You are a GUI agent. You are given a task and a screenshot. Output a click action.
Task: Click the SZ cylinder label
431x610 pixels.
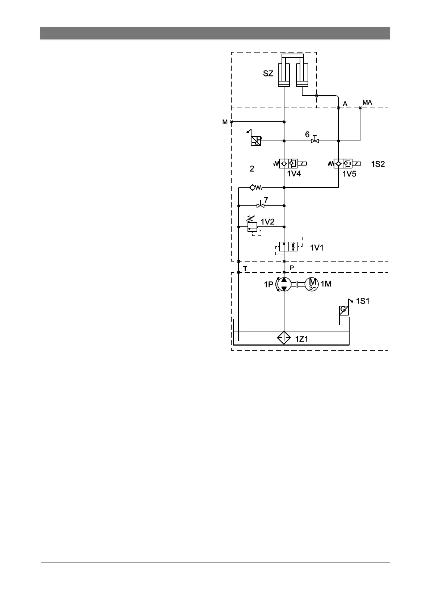[x=268, y=74]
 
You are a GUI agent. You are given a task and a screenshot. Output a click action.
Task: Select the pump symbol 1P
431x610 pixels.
[x=284, y=284]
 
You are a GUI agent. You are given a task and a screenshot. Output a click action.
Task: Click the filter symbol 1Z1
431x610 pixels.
[x=284, y=338]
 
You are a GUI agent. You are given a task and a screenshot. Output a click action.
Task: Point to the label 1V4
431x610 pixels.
[x=294, y=174]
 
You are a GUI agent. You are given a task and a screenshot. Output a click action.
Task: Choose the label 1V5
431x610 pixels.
[x=349, y=174]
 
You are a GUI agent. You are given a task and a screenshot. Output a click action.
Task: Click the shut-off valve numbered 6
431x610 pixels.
[x=315, y=140]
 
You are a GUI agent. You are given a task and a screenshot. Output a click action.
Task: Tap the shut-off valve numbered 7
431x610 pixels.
[x=260, y=205]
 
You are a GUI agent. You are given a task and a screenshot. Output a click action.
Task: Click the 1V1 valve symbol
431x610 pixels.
[x=289, y=247]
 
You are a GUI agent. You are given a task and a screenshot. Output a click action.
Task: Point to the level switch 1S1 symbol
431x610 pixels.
[x=344, y=310]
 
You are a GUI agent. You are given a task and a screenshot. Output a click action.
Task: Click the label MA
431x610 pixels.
[x=367, y=103]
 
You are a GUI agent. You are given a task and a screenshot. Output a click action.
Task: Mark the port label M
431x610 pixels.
[x=225, y=122]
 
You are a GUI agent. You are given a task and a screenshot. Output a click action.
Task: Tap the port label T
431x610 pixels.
[x=245, y=269]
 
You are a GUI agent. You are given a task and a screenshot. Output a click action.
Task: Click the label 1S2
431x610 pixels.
[x=378, y=164]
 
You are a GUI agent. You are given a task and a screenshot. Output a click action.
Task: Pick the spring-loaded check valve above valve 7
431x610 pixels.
[x=255, y=187]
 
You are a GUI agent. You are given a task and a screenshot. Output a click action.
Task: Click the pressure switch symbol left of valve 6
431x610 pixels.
[x=255, y=141]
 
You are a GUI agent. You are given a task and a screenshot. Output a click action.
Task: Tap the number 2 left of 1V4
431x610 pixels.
[x=252, y=168]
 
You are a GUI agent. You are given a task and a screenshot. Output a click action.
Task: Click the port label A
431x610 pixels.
[x=345, y=104]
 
